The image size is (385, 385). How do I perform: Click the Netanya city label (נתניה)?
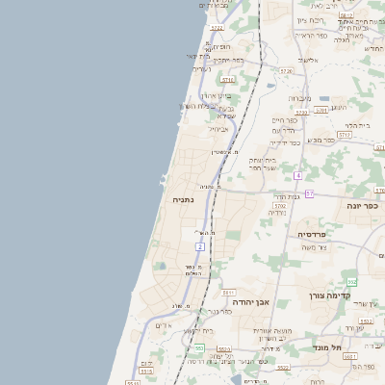183,199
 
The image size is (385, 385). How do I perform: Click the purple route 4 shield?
299,176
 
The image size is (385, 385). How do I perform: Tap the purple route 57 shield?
309,193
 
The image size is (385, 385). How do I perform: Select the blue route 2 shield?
200,247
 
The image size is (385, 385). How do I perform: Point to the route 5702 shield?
280,205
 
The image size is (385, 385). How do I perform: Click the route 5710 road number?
228,81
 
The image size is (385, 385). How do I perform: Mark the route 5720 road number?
285,71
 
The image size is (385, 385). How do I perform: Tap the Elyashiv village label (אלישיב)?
308,60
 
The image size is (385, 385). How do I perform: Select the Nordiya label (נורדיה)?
275,213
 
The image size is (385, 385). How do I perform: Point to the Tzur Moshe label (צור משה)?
315,247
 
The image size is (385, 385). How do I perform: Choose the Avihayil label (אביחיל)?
219,128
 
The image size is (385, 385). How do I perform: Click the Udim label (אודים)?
164,325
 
